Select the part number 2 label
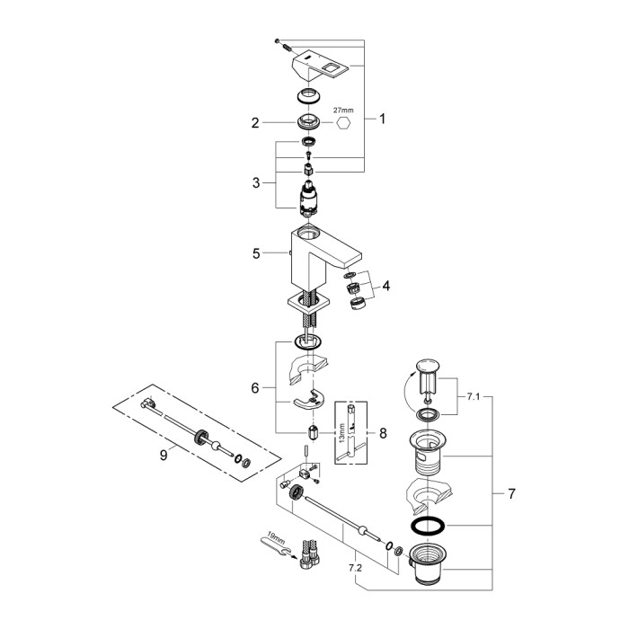[x=255, y=122]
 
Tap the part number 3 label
[x=255, y=182]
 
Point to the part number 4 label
[x=386, y=287]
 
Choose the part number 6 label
[x=255, y=387]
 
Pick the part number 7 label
[x=511, y=493]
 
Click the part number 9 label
[x=164, y=456]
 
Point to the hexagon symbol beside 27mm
[x=341, y=125]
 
